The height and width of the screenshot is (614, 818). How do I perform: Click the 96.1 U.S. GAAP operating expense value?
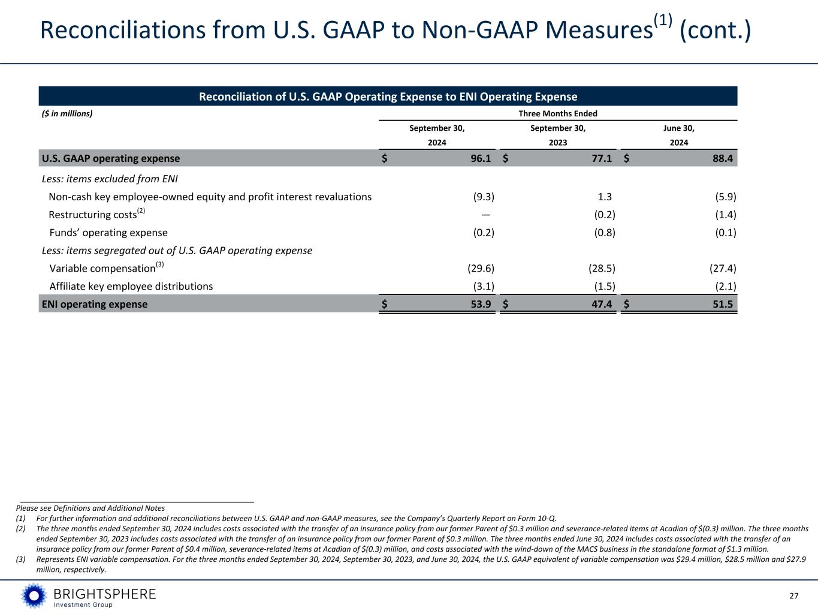[481, 158]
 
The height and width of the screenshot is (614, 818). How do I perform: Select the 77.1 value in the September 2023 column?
[601, 158]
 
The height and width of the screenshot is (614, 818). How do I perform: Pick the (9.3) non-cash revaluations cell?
[484, 197]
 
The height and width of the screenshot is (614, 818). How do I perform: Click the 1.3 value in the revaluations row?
[604, 197]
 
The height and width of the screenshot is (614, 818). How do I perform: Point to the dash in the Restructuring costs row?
[486, 215]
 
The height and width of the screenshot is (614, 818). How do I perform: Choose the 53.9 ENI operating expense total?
[481, 304]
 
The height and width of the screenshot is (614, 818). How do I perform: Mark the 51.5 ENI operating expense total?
[723, 304]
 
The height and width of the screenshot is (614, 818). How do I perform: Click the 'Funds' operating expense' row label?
[108, 233]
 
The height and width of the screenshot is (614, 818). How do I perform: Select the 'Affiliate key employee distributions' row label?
[131, 286]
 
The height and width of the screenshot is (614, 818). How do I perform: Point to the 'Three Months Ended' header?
[557, 113]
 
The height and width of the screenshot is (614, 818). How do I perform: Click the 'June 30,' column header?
[679, 128]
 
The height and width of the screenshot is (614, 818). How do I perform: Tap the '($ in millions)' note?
[67, 113]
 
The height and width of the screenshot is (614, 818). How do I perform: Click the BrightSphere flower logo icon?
[34, 596]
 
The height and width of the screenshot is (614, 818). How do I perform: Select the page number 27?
[794, 596]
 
